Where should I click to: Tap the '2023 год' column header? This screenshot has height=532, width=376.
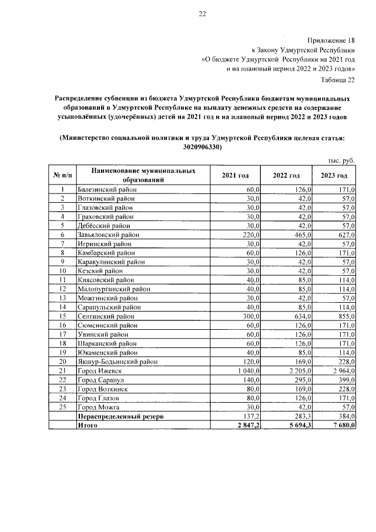334,176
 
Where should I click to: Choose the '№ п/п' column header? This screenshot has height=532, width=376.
62,176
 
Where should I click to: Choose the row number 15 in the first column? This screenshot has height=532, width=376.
62,316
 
